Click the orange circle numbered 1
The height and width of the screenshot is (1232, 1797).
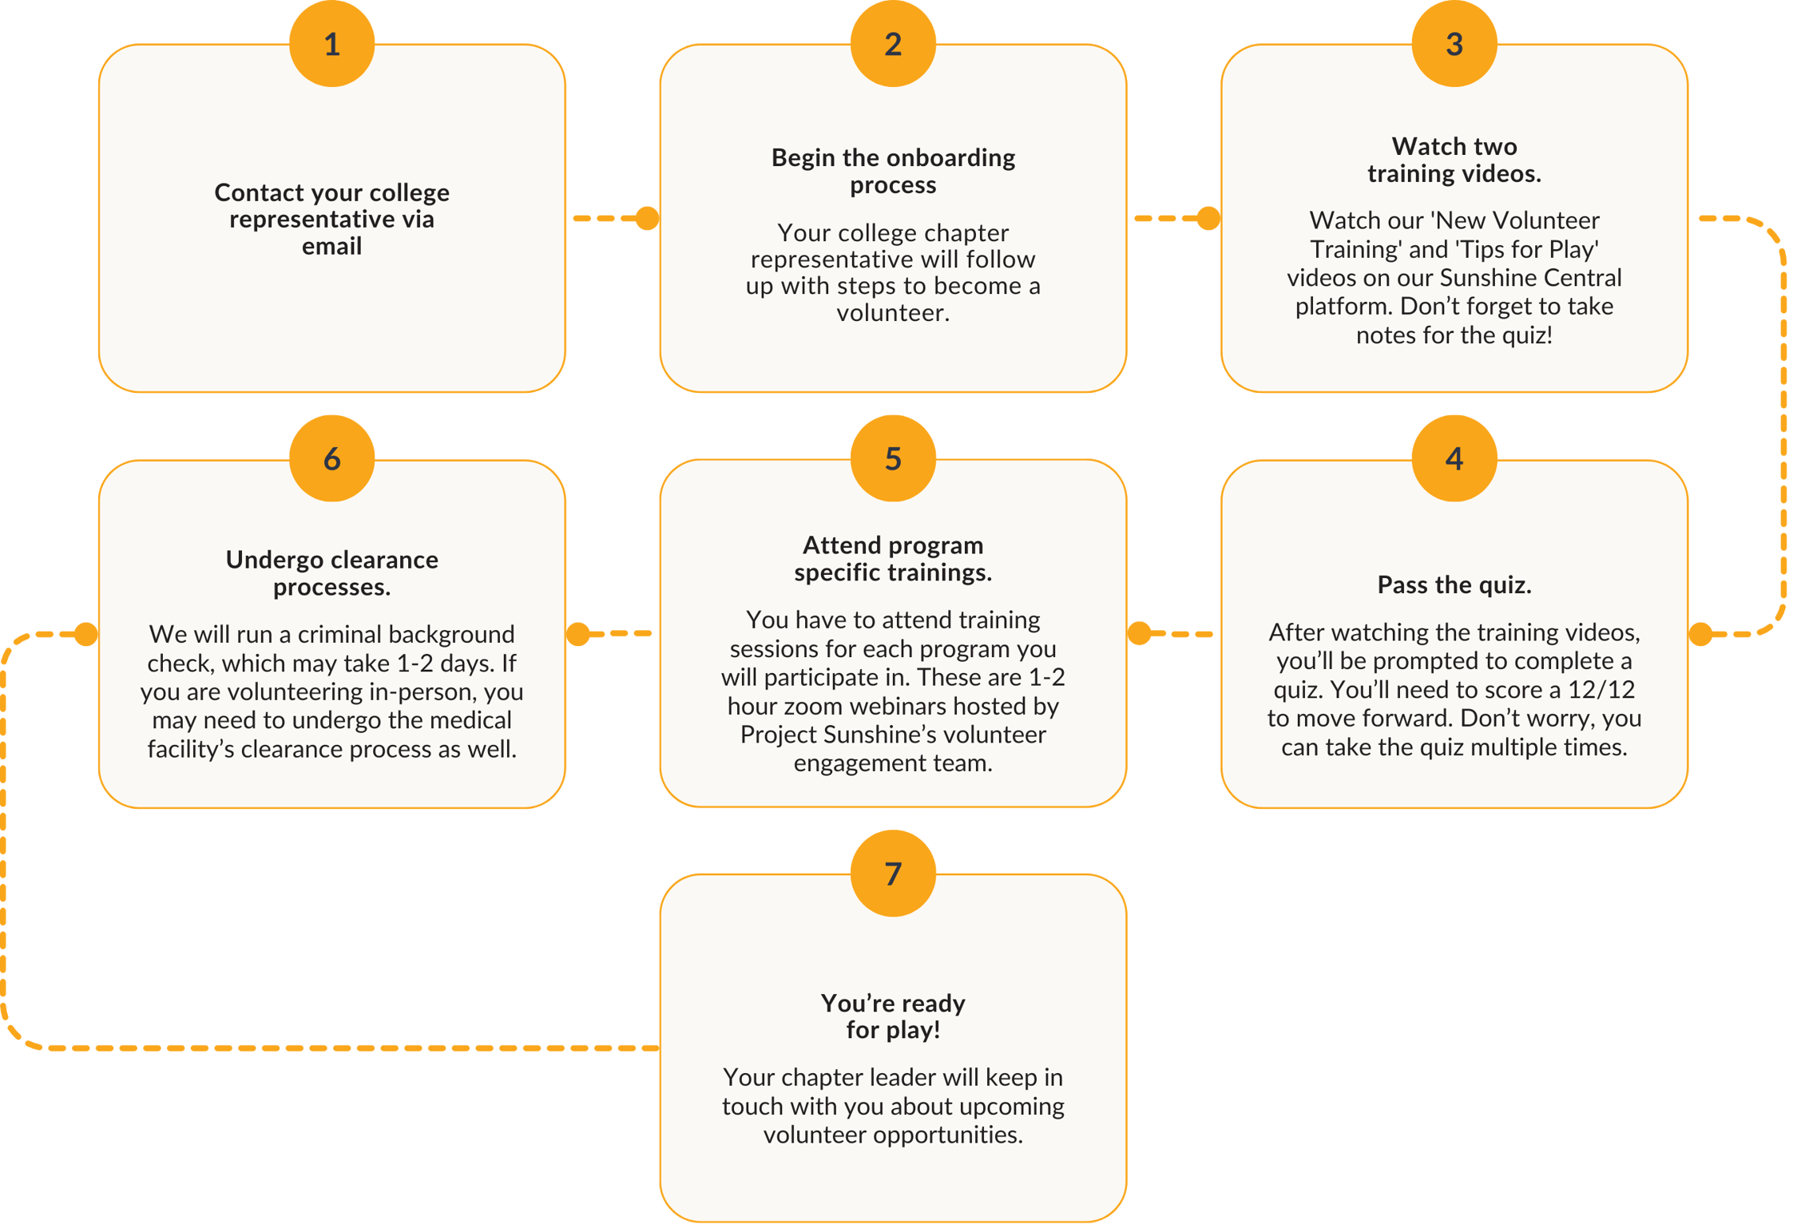(x=331, y=44)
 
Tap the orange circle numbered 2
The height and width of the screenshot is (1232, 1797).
(x=893, y=44)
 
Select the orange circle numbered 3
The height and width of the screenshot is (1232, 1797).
(x=1454, y=44)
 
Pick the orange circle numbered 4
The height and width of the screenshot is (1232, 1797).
(x=1454, y=458)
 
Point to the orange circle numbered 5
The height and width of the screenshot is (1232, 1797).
(x=893, y=458)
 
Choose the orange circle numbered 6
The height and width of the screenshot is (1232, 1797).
(x=331, y=458)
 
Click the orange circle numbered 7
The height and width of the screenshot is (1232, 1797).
(x=893, y=873)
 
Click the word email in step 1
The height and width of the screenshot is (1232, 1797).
(x=331, y=246)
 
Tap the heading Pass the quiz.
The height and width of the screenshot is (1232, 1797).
(x=1454, y=584)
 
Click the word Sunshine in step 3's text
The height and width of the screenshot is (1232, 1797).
(x=1487, y=277)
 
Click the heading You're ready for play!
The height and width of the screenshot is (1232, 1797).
(x=893, y=1016)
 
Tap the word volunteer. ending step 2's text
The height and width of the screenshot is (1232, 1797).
(x=893, y=312)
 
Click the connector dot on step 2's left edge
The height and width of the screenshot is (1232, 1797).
(x=647, y=218)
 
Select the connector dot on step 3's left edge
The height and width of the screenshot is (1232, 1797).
(x=1208, y=218)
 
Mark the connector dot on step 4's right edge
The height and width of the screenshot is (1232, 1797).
(x=1700, y=634)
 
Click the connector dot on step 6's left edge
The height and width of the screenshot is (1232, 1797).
(x=86, y=634)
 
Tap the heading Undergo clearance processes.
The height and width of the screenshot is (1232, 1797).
(x=331, y=572)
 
